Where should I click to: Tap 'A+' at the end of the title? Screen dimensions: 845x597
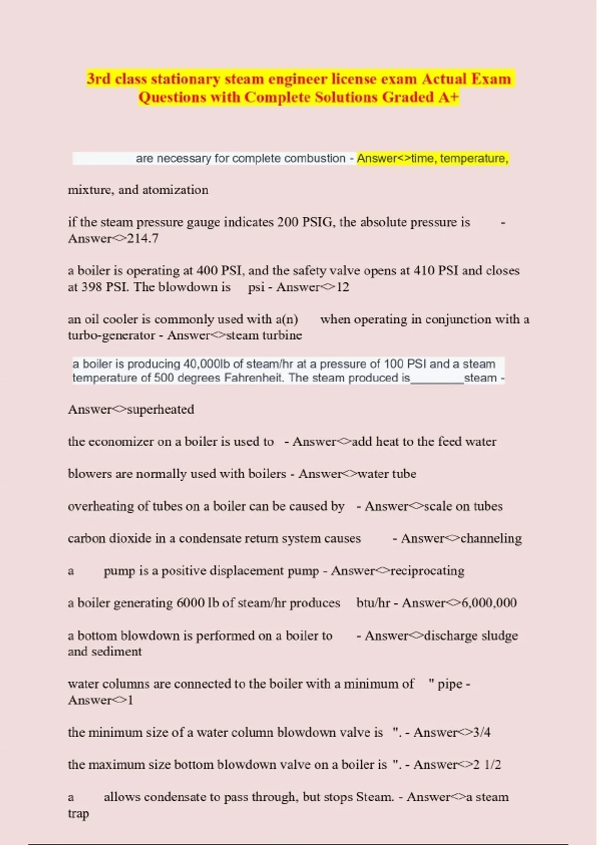pyautogui.click(x=448, y=97)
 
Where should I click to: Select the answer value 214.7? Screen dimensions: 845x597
pyautogui.click(x=143, y=239)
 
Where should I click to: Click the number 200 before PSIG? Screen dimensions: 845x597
pyautogui.click(x=288, y=222)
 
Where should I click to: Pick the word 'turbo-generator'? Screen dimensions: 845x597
pyautogui.click(x=111, y=336)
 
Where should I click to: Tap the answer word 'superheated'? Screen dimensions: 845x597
pyautogui.click(x=160, y=410)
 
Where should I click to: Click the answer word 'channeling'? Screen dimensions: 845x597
pyautogui.click(x=491, y=539)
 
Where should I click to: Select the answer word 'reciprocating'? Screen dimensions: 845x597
pyautogui.click(x=427, y=571)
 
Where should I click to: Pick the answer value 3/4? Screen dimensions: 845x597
pyautogui.click(x=482, y=733)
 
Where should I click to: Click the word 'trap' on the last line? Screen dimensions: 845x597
pyautogui.click(x=78, y=814)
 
